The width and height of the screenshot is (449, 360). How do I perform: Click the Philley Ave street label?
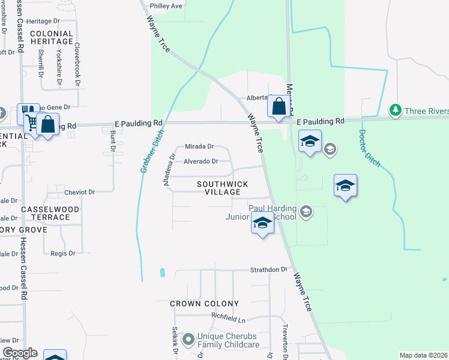coord(166,6)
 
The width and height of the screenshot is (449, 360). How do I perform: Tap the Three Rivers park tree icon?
coord(395,110)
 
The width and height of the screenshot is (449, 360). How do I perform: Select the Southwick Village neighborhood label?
coord(218,188)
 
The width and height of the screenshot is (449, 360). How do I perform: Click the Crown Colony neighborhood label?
coord(204,304)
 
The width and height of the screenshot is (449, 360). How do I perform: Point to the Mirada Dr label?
coord(199,146)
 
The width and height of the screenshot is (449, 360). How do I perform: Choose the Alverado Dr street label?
coord(200,161)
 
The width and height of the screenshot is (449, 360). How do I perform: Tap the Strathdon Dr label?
coord(269,270)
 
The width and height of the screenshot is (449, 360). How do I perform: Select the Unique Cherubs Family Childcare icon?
coord(188,340)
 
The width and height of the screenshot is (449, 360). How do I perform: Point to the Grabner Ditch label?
coord(152,153)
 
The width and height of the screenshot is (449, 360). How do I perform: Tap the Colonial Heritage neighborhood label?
coord(51,38)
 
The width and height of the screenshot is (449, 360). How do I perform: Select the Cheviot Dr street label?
coord(80,192)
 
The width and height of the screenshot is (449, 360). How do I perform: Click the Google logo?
coord(20,353)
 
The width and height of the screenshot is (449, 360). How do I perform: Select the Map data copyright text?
coord(423,355)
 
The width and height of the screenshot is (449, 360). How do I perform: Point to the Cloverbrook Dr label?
coord(77,61)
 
